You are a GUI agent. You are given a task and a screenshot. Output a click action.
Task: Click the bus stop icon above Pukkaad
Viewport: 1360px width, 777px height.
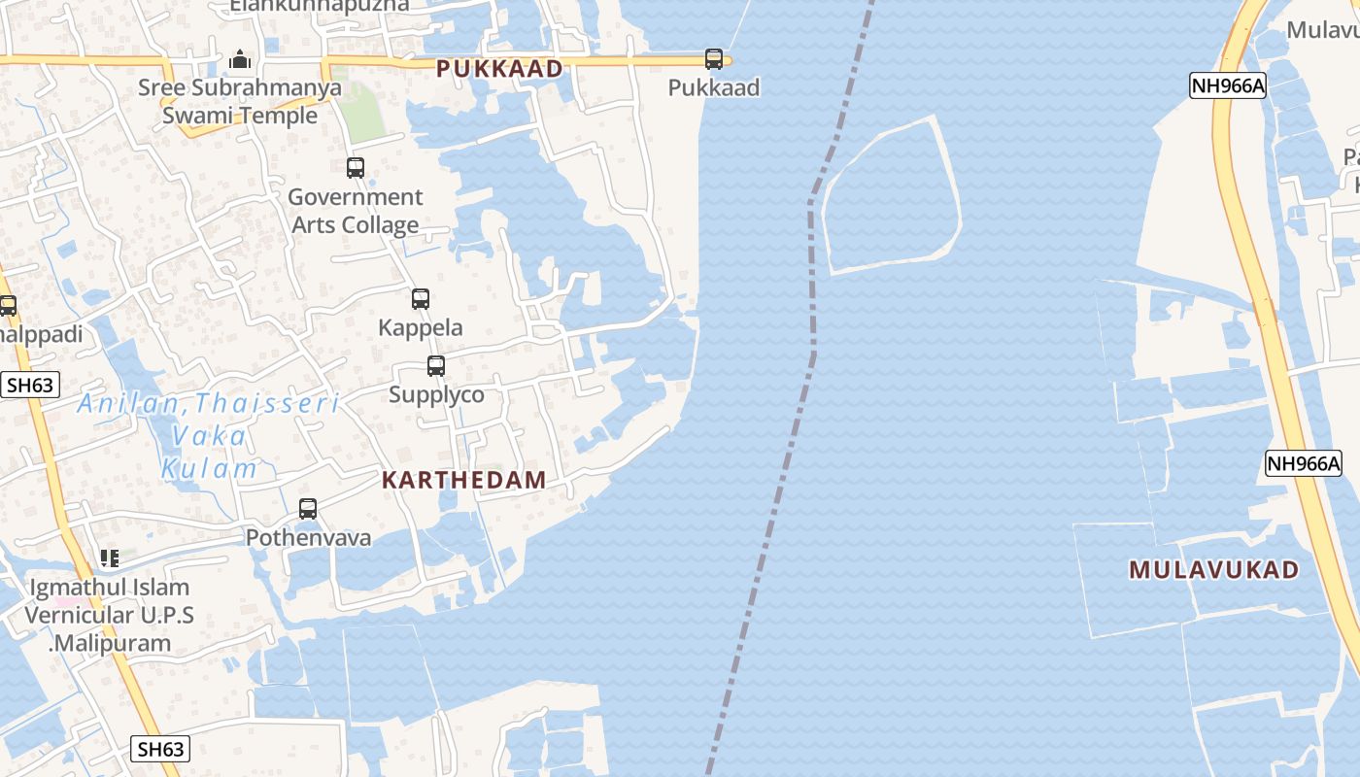pos(714,59)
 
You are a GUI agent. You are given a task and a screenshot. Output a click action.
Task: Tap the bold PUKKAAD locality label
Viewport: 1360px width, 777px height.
pos(499,69)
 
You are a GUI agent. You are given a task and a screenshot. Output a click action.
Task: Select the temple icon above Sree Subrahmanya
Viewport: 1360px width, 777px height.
pos(240,60)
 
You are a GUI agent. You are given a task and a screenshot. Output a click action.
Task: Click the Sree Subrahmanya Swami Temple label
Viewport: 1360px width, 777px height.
pos(240,102)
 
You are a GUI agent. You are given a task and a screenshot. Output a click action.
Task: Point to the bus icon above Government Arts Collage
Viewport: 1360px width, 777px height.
pos(356,167)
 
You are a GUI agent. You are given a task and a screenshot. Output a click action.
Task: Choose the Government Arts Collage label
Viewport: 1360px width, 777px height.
pos(356,211)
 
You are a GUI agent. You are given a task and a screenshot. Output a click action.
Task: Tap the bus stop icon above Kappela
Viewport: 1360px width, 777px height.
pos(420,299)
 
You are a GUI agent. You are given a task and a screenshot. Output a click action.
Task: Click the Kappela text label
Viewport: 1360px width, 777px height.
pos(421,327)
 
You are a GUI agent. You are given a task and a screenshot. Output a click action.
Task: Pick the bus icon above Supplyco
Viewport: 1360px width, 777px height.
pos(436,366)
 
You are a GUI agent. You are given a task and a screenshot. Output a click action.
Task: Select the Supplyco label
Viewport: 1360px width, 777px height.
pos(436,394)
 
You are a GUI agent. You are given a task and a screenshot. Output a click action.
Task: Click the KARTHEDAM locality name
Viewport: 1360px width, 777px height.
pos(463,480)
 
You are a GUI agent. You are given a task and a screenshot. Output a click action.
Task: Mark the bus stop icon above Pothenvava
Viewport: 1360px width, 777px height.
pos(308,508)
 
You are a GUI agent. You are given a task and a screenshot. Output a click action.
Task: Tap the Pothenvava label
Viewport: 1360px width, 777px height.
pos(308,537)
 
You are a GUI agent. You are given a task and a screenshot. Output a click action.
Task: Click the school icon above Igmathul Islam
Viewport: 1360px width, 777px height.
pos(110,558)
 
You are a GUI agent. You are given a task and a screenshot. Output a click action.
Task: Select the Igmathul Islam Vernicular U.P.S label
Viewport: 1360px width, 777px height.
pos(109,615)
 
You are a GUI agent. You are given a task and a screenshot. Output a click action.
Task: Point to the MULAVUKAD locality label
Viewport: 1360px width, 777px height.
pos(1214,570)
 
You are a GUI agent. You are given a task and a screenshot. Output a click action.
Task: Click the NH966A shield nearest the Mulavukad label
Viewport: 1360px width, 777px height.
pos(1304,463)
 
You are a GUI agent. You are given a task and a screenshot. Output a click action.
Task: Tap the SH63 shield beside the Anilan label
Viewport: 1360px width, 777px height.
pos(29,385)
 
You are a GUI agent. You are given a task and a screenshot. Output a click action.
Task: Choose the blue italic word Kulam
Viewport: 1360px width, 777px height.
pos(209,468)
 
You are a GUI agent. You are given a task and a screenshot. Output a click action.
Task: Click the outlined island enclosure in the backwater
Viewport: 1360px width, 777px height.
pos(891,196)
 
